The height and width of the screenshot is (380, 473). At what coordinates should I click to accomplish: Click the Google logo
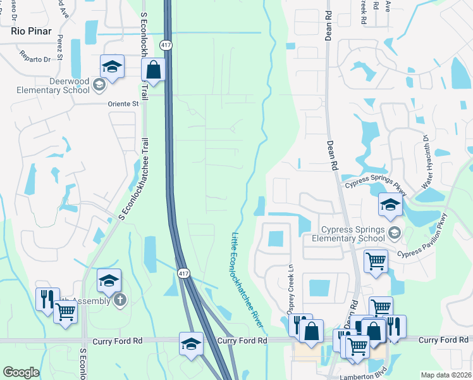click(21, 372)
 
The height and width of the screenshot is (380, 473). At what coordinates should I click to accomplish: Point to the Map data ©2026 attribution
click(445, 375)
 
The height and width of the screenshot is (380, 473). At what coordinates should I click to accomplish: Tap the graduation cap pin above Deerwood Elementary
click(111, 66)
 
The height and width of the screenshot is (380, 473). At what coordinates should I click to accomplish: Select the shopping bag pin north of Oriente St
click(154, 70)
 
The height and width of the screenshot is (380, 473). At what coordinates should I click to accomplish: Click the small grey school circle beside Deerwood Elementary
click(99, 84)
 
